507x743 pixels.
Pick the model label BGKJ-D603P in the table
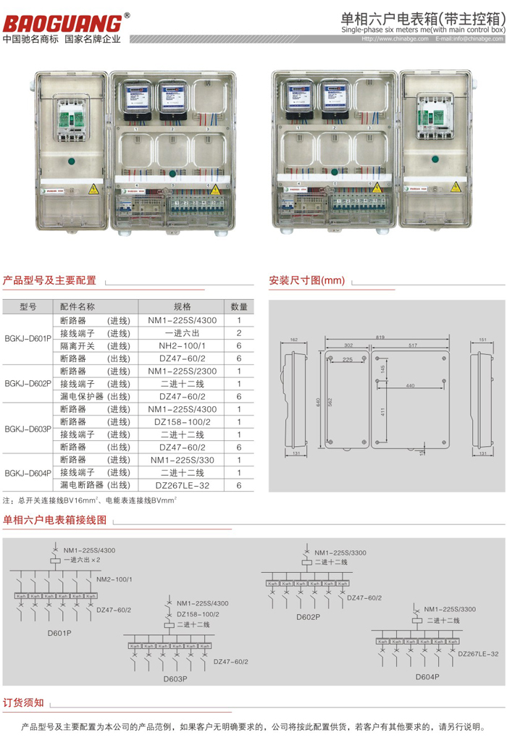point(28,428)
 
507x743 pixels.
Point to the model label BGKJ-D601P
point(28,338)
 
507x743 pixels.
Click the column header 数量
point(238,306)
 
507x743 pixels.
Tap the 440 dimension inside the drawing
point(411,386)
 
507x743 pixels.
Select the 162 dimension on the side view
point(293,339)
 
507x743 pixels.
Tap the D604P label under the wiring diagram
point(427,676)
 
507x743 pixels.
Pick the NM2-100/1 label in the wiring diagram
point(114,579)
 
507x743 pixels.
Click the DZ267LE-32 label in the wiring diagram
point(478,653)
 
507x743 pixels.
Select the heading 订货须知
point(24,702)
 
